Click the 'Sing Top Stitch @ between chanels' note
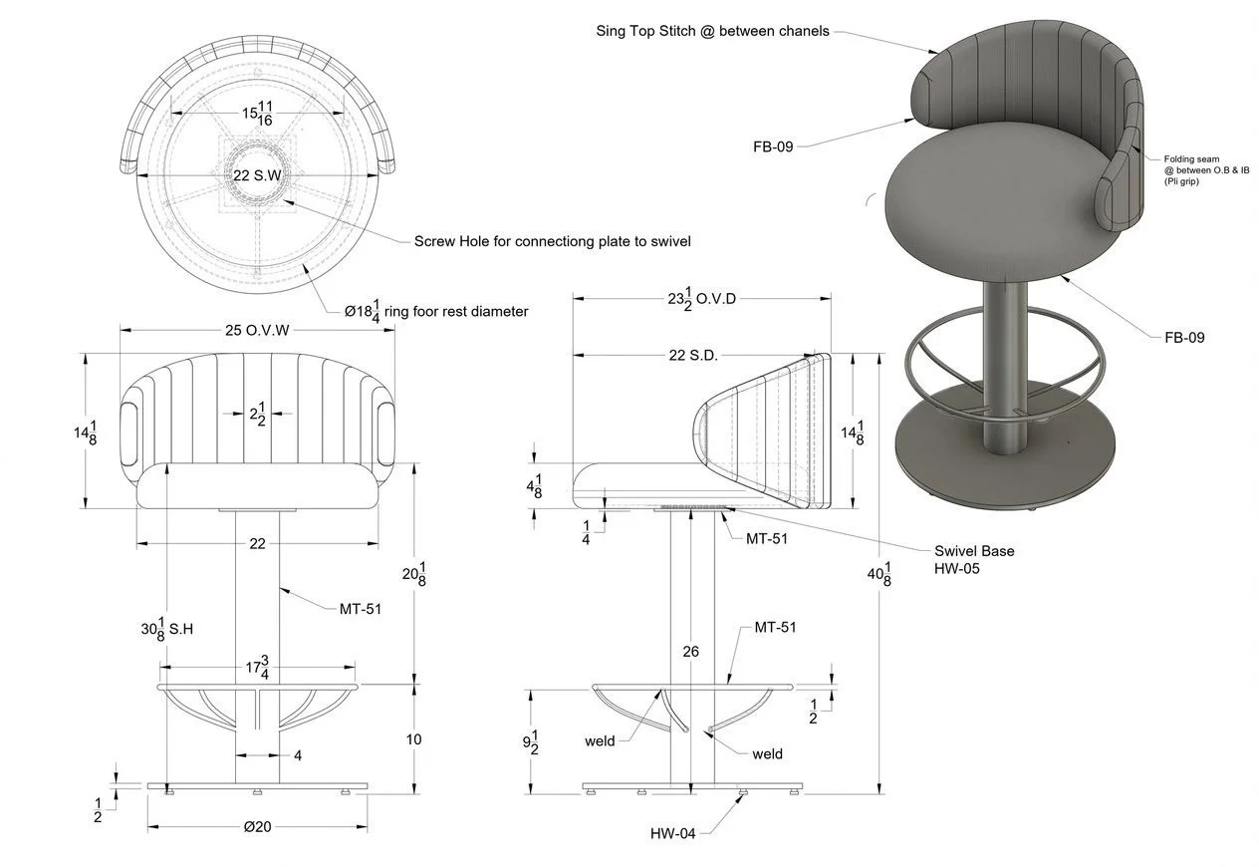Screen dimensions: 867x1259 point(712,31)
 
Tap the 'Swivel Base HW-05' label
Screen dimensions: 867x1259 point(973,558)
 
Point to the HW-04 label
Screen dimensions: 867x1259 point(672,833)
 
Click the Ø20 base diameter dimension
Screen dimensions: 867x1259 point(257,827)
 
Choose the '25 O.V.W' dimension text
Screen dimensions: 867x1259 point(257,331)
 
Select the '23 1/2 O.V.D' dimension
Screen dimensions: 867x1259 point(702,298)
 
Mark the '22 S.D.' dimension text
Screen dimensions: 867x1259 point(693,355)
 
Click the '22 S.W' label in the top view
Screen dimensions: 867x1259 point(255,175)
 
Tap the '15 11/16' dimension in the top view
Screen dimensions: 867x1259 point(258,114)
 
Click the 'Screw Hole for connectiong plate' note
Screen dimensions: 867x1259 point(552,241)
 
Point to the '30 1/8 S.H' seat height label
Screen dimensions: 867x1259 point(165,630)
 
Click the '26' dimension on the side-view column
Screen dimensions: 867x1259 point(690,652)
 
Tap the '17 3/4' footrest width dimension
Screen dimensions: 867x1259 point(258,667)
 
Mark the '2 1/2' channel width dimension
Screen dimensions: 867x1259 point(257,413)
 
